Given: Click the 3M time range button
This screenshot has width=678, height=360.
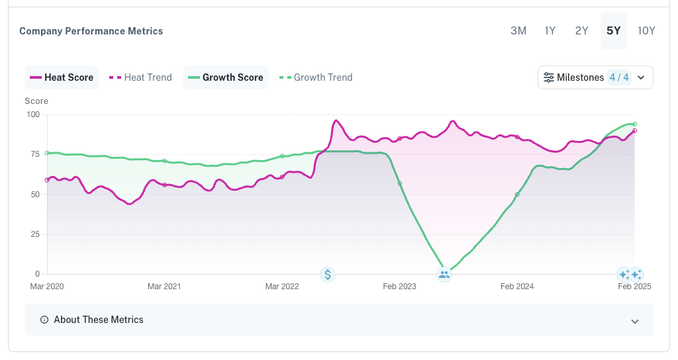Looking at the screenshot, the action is (518, 30).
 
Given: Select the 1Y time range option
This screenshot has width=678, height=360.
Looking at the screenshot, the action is (550, 30).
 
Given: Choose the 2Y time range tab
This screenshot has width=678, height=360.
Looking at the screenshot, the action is (581, 30).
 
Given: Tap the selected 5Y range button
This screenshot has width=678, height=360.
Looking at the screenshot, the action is (614, 30).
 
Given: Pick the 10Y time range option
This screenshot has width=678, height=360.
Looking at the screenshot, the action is (646, 30).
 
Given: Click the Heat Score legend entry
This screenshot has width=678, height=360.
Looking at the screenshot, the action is (62, 77).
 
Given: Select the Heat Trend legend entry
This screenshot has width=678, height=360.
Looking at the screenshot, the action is (140, 77).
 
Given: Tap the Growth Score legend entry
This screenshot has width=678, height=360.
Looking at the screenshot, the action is (226, 77).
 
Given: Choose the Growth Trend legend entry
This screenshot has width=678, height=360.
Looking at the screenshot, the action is (316, 77).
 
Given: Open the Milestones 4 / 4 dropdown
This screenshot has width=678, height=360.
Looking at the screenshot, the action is (595, 77).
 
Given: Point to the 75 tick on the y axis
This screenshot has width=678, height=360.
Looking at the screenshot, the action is (34, 154).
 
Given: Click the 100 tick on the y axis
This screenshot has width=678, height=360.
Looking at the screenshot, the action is (33, 114).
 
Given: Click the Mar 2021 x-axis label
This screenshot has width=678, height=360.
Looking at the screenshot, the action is (164, 286).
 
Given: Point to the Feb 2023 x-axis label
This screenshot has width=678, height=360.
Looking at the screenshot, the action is (399, 286).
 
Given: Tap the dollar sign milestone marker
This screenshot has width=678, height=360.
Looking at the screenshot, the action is (328, 275).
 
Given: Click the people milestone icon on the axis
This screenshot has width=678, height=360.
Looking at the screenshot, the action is (444, 275).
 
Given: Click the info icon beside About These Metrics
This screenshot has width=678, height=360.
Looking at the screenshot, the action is (44, 320).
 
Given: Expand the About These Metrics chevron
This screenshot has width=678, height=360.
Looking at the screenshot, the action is (635, 321).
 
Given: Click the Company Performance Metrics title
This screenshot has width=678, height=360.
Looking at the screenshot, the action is (91, 31).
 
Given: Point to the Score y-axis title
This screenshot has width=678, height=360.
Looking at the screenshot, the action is (36, 101).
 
